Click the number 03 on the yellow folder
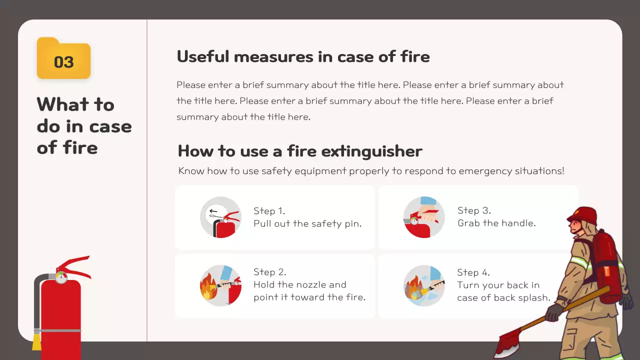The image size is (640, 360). [63, 62]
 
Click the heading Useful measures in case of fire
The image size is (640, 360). [303, 56]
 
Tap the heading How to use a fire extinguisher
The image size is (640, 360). [300, 150]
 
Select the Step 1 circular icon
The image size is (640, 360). [220, 217]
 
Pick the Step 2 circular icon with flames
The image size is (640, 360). [220, 285]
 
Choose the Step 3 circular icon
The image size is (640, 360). [424, 217]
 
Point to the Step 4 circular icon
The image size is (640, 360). [424, 285]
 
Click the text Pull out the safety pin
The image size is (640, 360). [307, 223]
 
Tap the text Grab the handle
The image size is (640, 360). [496, 223]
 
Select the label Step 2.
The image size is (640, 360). [269, 272]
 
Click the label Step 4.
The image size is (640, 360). [473, 272]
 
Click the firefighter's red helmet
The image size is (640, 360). [582, 215]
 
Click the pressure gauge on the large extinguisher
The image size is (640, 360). [61, 277]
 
